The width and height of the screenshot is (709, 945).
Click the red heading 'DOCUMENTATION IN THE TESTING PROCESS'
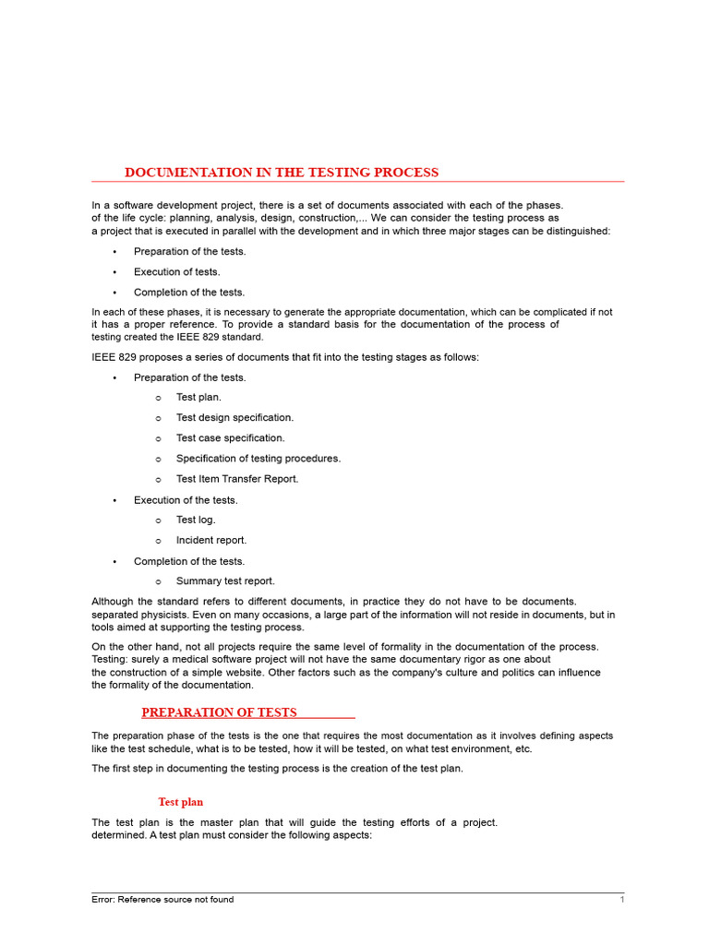282,173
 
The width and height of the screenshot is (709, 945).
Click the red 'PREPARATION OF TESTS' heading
219,712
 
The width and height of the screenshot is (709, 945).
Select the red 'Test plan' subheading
180,802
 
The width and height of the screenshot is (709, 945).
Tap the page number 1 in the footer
622,900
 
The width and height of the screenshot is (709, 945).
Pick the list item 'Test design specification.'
234,418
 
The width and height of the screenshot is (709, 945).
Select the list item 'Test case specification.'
230,438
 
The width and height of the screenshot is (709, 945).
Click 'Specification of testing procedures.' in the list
258,459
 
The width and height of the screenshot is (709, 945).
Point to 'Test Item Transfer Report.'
237,479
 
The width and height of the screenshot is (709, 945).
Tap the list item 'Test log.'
196,520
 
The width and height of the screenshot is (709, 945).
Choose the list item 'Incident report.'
211,540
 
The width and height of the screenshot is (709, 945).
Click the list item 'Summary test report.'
225,581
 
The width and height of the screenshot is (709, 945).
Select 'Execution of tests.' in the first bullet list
177,272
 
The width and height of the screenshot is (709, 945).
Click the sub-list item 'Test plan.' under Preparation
198,398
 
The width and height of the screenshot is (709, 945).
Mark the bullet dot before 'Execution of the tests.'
114,500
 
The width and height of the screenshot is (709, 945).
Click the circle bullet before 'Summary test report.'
159,582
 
